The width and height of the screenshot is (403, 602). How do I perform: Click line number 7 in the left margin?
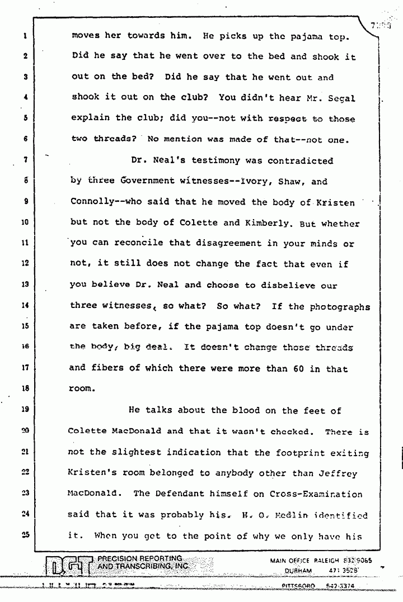[x=26, y=161]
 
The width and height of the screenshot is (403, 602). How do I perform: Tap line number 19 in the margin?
[x=26, y=410]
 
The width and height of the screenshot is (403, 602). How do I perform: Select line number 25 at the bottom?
[x=26, y=535]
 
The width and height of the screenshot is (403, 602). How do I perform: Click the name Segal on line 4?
[x=342, y=98]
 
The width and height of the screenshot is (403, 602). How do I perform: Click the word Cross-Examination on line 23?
[x=315, y=494]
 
